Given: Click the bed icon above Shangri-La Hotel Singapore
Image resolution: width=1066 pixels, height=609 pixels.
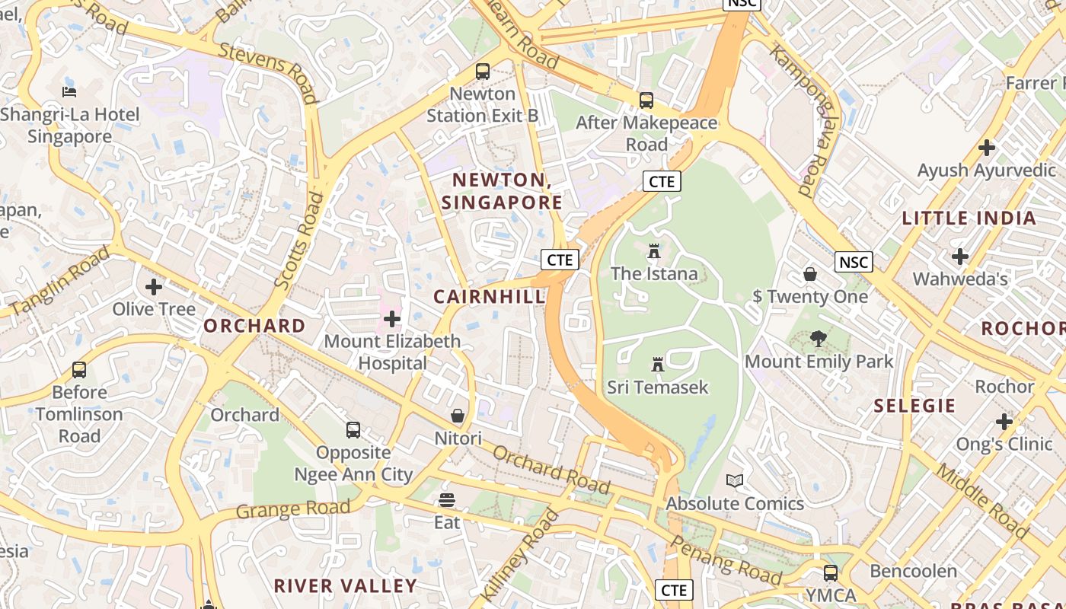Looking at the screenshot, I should [69, 92].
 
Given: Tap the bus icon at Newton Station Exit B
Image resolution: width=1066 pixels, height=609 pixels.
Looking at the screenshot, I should [483, 72].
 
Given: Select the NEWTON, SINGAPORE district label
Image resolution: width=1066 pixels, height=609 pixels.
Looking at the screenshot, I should [502, 191].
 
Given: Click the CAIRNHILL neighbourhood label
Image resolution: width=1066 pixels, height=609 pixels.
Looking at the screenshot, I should [490, 297].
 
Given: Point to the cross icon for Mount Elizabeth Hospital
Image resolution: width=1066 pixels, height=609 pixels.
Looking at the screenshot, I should [392, 318].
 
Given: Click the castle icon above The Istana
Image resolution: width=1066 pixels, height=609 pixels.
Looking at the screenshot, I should [653, 251].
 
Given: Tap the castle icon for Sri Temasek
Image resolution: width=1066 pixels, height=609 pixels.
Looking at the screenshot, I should [658, 365].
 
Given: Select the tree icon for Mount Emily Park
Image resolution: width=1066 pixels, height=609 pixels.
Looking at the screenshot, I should [819, 338].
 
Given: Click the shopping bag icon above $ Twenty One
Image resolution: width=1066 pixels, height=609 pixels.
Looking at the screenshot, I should [810, 274].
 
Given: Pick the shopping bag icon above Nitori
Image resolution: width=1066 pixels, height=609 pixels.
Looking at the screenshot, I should [458, 416].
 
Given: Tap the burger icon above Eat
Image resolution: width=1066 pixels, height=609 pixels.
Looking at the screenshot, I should [447, 500].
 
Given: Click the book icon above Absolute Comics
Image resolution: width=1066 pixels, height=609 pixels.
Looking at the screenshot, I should [735, 480].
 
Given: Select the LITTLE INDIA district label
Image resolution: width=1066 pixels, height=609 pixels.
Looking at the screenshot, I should [969, 218].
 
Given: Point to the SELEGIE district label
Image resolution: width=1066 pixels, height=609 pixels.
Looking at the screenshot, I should [914, 406].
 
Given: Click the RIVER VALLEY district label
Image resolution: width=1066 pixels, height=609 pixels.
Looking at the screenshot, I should [345, 585].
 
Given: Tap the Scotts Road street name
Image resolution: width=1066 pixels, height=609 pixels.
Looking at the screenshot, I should [298, 241].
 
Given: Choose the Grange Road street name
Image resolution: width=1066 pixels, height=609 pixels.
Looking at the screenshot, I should [293, 509].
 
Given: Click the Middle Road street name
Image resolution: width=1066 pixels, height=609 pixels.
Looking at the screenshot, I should [981, 499].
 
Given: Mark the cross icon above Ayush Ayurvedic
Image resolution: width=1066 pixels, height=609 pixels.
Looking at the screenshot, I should [987, 147].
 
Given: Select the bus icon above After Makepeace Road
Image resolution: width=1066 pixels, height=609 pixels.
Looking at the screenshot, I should [646, 100].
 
